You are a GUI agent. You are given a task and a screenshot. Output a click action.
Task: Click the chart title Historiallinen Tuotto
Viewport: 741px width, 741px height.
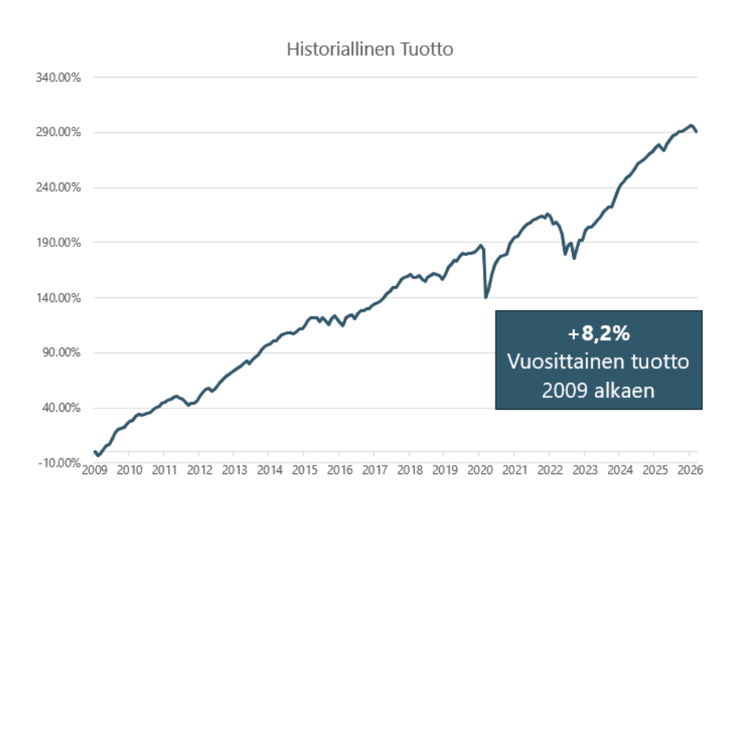370,49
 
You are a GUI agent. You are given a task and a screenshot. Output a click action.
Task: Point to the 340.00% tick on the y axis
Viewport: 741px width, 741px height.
58,78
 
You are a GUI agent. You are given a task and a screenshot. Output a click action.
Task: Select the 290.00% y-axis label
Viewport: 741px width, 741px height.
58,132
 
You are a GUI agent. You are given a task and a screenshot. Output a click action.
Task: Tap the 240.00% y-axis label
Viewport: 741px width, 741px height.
58,187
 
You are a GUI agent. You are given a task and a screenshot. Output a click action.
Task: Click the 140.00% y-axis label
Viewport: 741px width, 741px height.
58,298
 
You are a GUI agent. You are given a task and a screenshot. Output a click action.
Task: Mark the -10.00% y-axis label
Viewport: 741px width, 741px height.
59,463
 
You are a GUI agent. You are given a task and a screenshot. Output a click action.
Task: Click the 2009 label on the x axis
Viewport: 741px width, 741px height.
95,470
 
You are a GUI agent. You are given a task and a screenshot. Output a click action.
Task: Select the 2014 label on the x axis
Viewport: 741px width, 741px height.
270,470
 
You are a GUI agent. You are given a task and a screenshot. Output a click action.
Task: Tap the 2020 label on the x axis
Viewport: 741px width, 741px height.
480,470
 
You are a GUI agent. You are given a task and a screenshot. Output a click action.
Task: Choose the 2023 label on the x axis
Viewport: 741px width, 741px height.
585,470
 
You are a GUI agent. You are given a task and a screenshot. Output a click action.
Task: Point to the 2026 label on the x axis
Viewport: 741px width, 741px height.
690,470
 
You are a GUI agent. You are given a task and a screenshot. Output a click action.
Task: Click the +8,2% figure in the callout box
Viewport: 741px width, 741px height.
599,334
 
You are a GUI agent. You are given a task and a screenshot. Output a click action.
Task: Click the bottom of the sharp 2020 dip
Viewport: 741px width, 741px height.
486,297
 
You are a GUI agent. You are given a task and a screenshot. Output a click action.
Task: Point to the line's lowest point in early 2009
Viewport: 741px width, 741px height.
99,456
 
